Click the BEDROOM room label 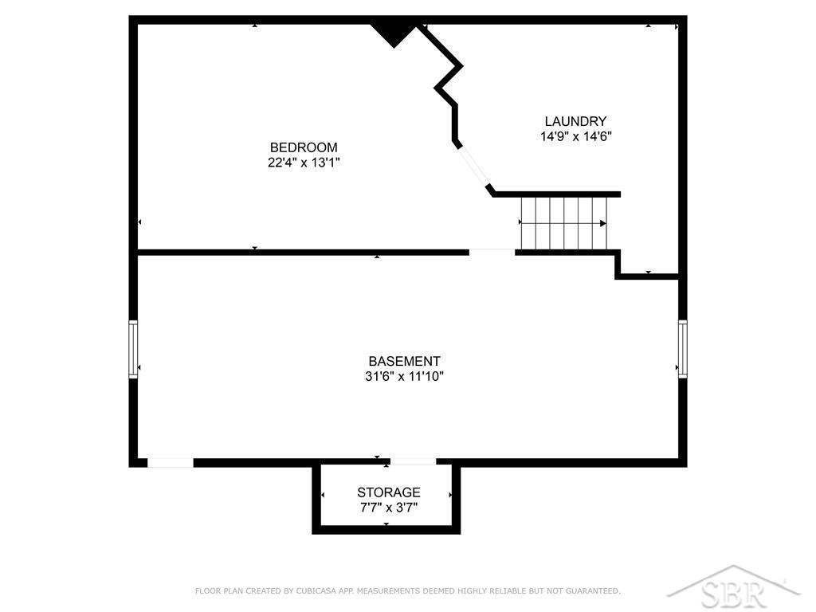(x=304, y=147)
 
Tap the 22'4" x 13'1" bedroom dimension (x=304, y=163)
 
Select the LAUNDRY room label (x=575, y=121)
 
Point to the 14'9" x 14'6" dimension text (x=575, y=136)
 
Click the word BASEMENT (x=404, y=361)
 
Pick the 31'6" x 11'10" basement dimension (x=404, y=376)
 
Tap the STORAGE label (x=389, y=492)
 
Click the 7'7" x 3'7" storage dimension (x=389, y=508)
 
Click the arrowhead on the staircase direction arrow (x=603, y=224)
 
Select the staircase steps (x=564, y=224)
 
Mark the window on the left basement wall (x=133, y=349)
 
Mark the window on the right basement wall (x=683, y=349)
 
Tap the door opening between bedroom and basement (x=492, y=253)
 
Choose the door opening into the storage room (x=414, y=462)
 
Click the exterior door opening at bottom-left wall (x=171, y=463)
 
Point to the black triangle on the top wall (x=394, y=33)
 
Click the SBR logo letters (x=734, y=593)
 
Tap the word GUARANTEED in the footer (x=592, y=590)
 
